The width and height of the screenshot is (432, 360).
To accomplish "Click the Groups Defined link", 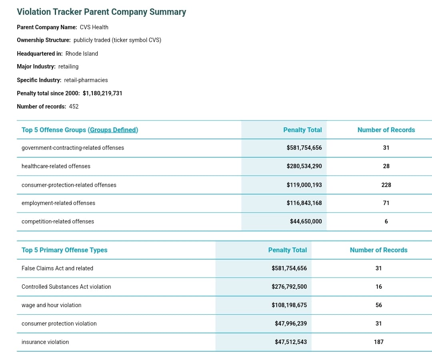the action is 113,130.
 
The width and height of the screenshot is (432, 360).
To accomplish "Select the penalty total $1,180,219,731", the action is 102,93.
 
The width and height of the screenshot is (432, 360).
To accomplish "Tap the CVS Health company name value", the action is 94,27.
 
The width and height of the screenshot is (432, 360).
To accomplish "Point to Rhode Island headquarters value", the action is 82,54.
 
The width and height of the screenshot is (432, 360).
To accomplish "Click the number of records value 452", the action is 74,107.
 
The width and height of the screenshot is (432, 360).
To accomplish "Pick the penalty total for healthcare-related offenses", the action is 304,166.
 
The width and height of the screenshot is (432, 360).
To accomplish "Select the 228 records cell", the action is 386,185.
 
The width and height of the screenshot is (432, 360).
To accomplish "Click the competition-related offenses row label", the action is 58,221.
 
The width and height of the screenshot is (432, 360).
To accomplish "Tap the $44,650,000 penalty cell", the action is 306,221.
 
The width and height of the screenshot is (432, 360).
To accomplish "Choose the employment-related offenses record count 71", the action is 386,203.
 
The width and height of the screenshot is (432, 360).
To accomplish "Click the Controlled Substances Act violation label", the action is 66,287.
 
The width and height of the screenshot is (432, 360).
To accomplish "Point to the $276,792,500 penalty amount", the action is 289,287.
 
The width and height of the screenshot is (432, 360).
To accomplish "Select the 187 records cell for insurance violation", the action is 378,342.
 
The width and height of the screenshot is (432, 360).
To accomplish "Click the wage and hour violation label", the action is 51,305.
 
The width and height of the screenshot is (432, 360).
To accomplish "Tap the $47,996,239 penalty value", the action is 291,323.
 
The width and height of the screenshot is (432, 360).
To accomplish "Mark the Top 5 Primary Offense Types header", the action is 64,250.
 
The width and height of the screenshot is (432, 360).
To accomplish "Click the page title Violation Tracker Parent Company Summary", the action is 101,12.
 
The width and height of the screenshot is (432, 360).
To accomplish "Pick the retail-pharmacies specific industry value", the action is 86,80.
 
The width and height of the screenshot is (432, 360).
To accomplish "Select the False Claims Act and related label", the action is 57,268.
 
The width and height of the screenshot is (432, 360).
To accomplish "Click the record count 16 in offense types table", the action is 378,287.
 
